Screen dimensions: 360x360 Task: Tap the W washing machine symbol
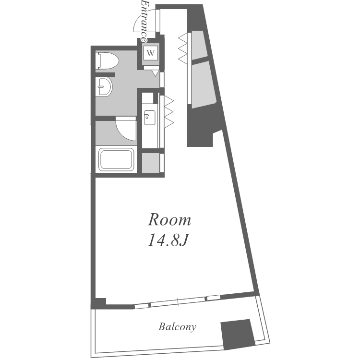pyautogui.click(x=151, y=53)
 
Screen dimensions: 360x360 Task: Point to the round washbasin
pyautogui.click(x=104, y=87)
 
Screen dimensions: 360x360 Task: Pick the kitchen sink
pyautogui.click(x=149, y=118)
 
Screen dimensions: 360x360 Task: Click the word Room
pyautogui.click(x=169, y=220)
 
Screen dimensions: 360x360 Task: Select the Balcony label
pyautogui.click(x=177, y=327)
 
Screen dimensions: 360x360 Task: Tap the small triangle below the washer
pyautogui.click(x=155, y=73)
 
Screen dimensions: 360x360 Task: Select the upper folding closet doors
pyautogui.click(x=183, y=47)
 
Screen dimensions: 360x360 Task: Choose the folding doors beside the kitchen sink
pyautogui.click(x=168, y=111)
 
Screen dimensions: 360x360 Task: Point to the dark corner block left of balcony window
pyautogui.click(x=98, y=303)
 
